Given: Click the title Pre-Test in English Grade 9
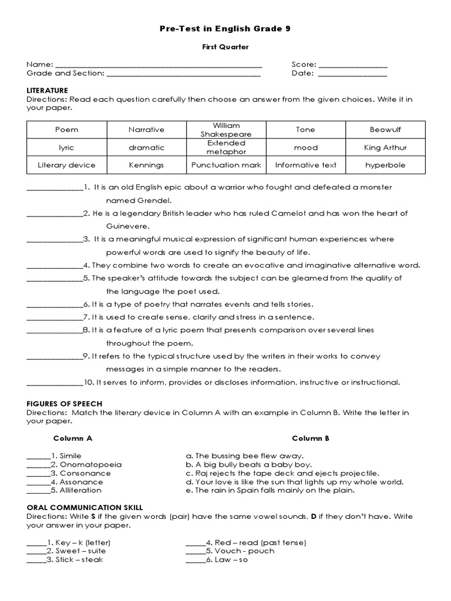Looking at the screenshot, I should pos(225,28).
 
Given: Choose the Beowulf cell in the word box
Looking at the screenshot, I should pos(385,130).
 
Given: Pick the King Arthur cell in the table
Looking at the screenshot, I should pos(385,148).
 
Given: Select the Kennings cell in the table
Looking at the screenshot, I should pos(146,166).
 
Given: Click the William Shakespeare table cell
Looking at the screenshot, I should pos(226,130).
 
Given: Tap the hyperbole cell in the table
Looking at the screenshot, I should pos(385,166).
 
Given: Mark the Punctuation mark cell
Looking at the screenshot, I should pos(226,166).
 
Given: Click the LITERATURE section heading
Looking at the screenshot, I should pos(48,90).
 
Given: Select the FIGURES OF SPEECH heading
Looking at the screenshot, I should pos(65,404).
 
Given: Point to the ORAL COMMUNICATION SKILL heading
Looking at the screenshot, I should pos(85,507).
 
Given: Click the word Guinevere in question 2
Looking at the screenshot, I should pos(127,226).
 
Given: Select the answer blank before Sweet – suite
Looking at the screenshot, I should pos(36,551).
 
